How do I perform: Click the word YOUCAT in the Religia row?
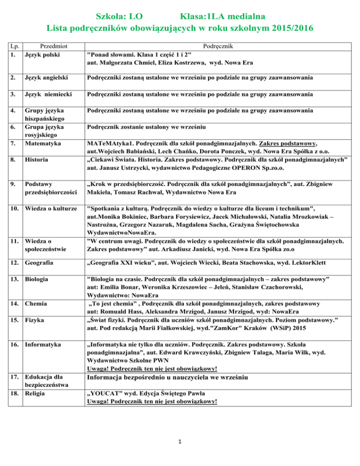point(106,393)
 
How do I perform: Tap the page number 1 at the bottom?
point(180,441)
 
